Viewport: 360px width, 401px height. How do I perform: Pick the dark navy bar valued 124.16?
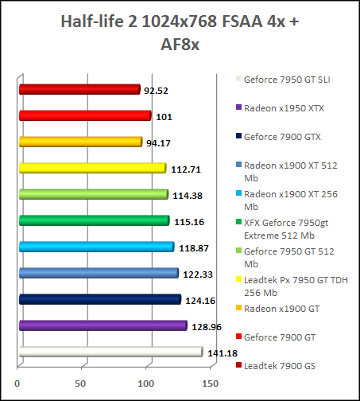pos(99,299)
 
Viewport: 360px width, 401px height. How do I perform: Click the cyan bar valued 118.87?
pos(95,247)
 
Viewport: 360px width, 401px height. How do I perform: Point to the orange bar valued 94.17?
pos(79,142)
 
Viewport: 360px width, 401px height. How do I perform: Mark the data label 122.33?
pos(195,274)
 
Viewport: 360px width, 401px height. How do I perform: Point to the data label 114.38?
pos(188,195)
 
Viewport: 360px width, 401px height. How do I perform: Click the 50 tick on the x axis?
pos(79,383)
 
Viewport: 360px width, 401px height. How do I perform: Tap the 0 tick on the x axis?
pos(17,383)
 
